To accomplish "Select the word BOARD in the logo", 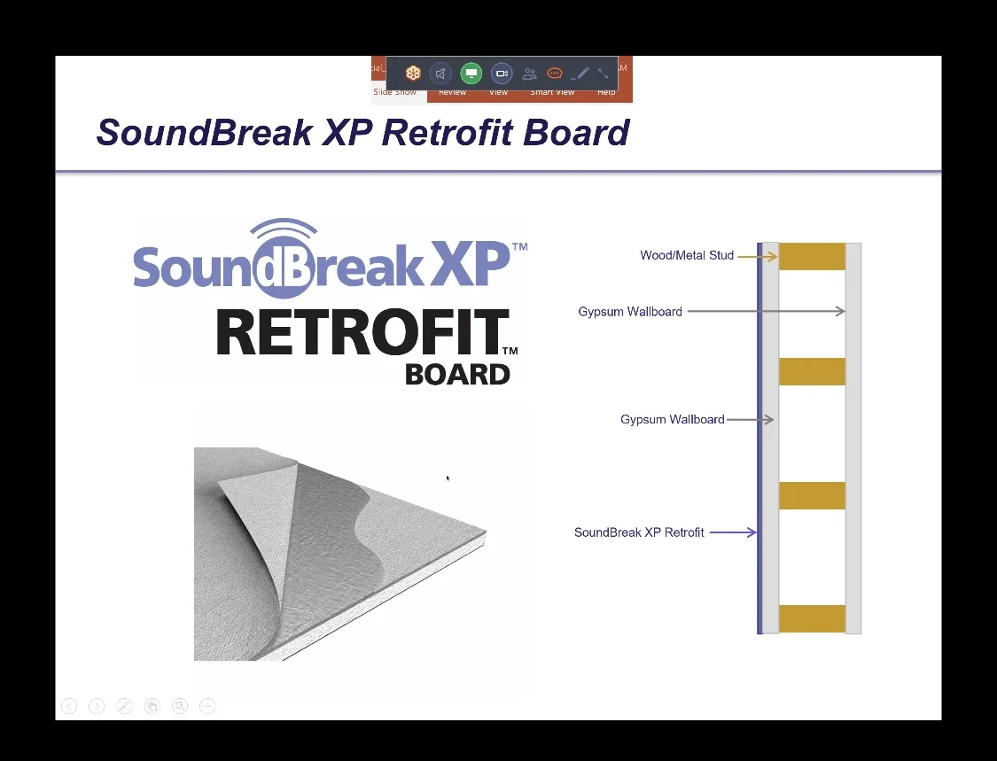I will click(x=457, y=374).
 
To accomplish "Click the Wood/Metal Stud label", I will click(x=687, y=255).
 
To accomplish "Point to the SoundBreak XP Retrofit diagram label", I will click(x=639, y=532).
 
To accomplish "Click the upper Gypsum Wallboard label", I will click(x=630, y=312).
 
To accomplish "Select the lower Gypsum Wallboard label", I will click(x=672, y=420).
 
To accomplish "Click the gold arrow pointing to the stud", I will click(x=757, y=256).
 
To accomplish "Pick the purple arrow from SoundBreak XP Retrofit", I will click(x=733, y=532).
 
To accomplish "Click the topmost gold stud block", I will click(x=812, y=256).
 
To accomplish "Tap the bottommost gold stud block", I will click(x=812, y=618).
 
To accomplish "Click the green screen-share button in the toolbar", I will click(x=471, y=74).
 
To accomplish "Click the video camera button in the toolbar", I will click(x=502, y=74).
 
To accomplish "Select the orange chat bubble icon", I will click(x=555, y=74).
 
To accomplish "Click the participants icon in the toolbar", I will click(x=529, y=74).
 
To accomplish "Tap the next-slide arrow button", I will click(x=97, y=706).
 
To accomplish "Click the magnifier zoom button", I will click(x=180, y=706).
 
